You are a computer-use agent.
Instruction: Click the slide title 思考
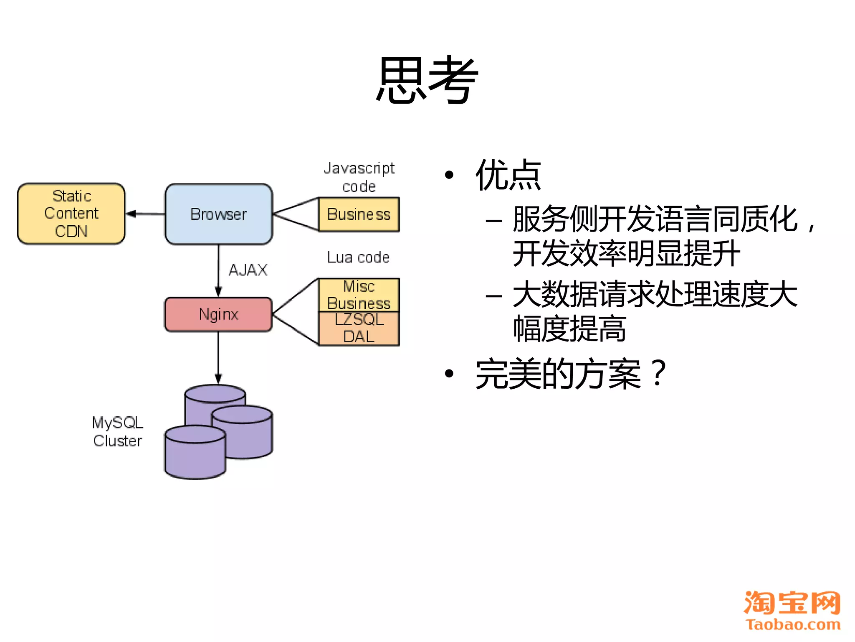[427, 80]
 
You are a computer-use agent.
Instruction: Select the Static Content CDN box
[71, 214]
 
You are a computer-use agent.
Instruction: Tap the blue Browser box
[218, 214]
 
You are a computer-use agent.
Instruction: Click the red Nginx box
[218, 314]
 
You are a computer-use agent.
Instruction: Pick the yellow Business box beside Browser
[359, 214]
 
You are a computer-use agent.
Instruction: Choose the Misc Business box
[359, 295]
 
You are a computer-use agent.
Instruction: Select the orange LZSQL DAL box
[359, 329]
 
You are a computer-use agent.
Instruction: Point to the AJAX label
[248, 270]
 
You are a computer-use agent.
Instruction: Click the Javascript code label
[359, 177]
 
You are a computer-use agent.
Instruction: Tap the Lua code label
[358, 257]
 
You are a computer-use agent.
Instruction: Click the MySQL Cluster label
[118, 431]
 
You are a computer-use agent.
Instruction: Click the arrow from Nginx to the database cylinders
[218, 358]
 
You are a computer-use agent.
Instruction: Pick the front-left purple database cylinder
[195, 456]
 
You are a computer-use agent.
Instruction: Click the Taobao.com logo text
[793, 624]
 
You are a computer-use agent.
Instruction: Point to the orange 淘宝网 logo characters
[792, 603]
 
